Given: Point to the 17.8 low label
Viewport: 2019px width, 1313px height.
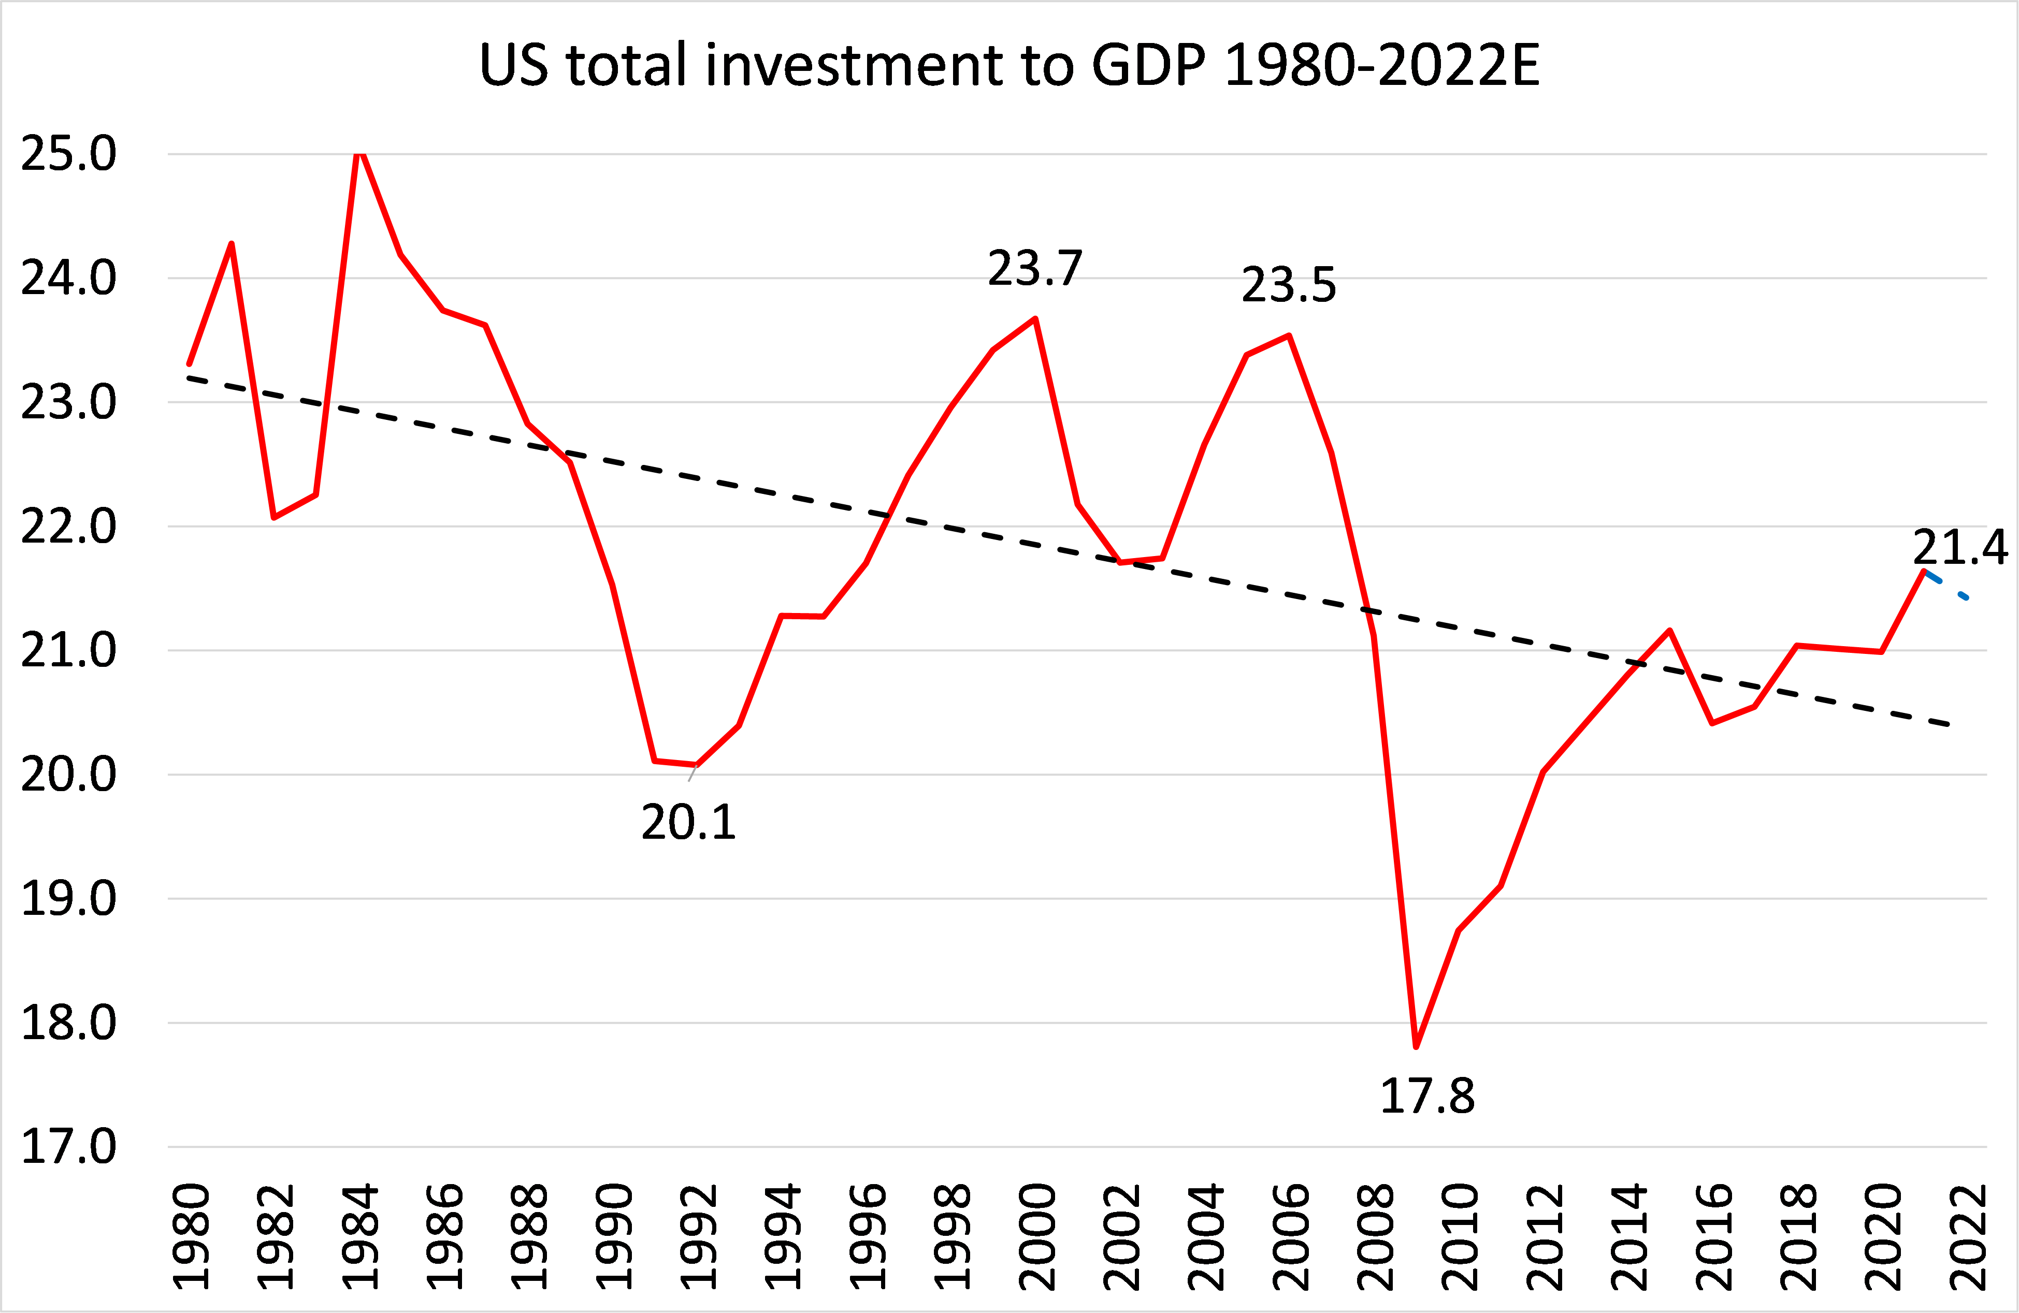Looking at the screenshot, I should pyautogui.click(x=1427, y=1096).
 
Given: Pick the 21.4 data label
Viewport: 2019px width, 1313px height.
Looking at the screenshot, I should pyautogui.click(x=1959, y=547).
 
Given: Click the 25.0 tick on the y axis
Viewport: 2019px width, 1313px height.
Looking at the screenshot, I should pyautogui.click(x=68, y=154).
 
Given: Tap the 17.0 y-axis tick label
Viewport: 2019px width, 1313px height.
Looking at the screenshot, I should pyautogui.click(x=68, y=1147).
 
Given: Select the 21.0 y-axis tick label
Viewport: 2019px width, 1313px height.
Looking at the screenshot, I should pyautogui.click(x=68, y=651).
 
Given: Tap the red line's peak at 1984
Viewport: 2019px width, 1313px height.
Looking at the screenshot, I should pyautogui.click(x=359, y=153).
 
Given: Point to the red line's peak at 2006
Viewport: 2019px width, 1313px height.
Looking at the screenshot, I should pyautogui.click(x=1289, y=336).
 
